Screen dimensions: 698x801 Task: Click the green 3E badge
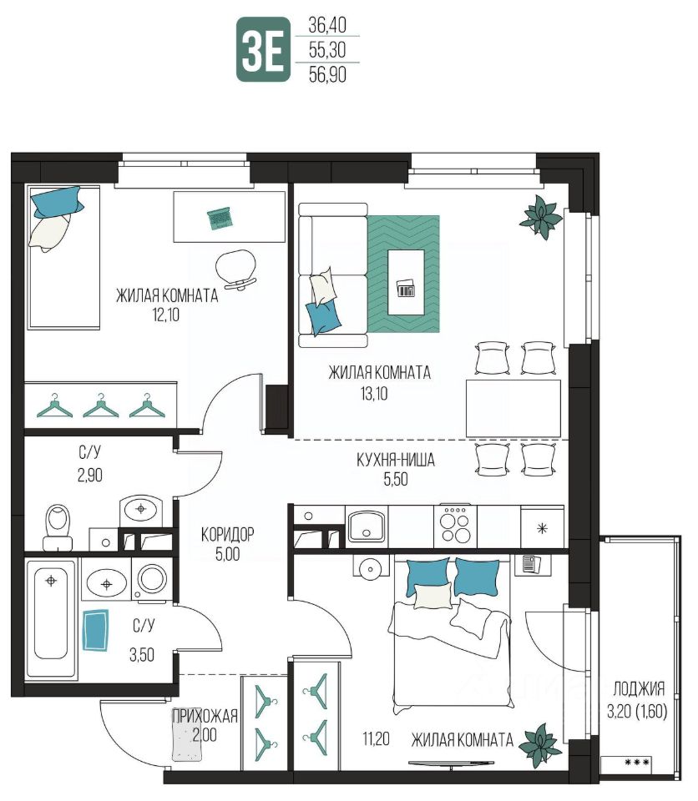pos(263,49)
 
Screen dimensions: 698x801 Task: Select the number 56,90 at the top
pos(327,74)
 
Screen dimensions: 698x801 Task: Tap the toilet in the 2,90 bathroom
pos(57,526)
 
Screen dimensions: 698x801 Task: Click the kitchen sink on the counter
pos(367,526)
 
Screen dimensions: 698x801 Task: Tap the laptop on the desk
pos(220,218)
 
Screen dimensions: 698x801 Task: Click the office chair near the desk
pos(236,270)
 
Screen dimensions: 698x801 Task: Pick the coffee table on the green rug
pos(406,282)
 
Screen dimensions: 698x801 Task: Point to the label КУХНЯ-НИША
pos(396,460)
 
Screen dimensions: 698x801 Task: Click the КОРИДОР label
pos(228,535)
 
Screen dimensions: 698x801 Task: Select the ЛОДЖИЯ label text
pos(639,689)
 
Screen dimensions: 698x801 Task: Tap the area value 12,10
pos(166,315)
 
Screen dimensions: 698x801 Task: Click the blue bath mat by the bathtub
pos(96,629)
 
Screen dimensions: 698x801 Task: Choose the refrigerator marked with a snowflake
pos(542,526)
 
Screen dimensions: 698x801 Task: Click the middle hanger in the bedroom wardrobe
pos(101,406)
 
